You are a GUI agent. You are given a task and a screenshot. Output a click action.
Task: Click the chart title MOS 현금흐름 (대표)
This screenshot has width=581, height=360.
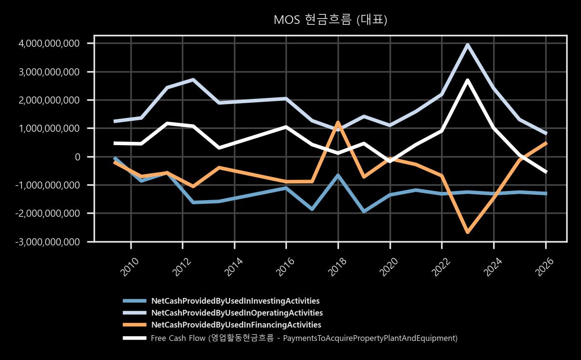tap(330, 20)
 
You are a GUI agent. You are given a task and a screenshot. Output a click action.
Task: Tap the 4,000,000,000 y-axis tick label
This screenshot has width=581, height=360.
tap(49, 43)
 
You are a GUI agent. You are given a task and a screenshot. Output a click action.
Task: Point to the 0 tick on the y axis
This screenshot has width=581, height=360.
tap(77, 157)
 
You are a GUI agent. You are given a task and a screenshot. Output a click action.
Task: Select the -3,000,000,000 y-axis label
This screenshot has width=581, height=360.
tap(47, 242)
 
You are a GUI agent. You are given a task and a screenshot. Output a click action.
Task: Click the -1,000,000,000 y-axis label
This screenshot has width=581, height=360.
tap(47, 185)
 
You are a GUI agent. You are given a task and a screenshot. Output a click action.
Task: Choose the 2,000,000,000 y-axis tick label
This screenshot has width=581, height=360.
tap(49, 100)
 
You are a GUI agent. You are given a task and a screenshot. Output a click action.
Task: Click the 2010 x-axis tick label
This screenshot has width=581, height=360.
tap(130, 266)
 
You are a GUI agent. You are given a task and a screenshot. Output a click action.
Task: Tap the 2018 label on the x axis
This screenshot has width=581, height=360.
tap(337, 266)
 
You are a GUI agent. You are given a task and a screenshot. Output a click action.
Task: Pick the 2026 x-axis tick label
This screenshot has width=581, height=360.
tap(545, 266)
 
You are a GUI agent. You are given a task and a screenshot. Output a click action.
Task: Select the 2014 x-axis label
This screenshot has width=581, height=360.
tap(233, 266)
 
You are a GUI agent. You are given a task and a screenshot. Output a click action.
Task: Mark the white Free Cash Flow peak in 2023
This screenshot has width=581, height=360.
tap(467, 80)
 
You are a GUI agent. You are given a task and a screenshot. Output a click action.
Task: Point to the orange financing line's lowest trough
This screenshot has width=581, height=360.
tap(468, 232)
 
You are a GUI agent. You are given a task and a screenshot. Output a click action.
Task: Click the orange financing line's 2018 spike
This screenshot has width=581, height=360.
tap(338, 122)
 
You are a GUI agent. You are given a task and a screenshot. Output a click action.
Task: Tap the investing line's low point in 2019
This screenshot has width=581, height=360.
tap(364, 212)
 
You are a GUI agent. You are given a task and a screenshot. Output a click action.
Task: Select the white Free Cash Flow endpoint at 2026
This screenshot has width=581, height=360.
tap(546, 172)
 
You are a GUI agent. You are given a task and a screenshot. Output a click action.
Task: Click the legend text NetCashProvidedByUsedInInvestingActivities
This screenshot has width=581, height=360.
tap(235, 301)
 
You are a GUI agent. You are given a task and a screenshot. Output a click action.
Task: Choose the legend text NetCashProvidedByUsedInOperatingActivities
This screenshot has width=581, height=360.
tap(237, 313)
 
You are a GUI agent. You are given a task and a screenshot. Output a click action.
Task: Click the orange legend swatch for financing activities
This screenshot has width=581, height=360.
tap(135, 325)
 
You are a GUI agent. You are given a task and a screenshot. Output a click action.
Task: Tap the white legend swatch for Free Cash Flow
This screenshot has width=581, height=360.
tap(135, 338)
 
